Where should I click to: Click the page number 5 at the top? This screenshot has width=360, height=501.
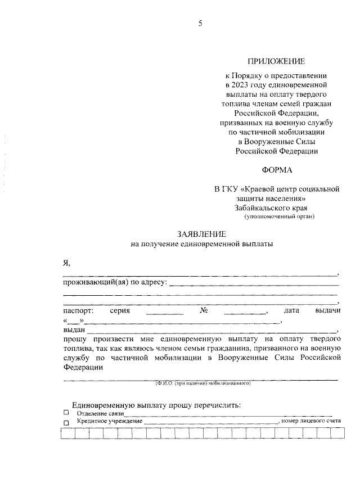(200, 23)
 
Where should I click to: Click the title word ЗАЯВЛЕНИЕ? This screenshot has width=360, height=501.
(202, 234)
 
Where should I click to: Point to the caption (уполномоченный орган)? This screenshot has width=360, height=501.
(280, 216)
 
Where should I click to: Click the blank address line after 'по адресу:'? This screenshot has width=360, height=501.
(253, 284)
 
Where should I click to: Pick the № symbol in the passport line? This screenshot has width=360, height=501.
(204, 310)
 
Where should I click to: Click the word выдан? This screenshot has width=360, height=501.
(73, 330)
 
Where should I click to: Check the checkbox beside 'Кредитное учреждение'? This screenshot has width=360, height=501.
(66, 422)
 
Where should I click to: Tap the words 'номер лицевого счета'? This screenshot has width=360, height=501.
(312, 421)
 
